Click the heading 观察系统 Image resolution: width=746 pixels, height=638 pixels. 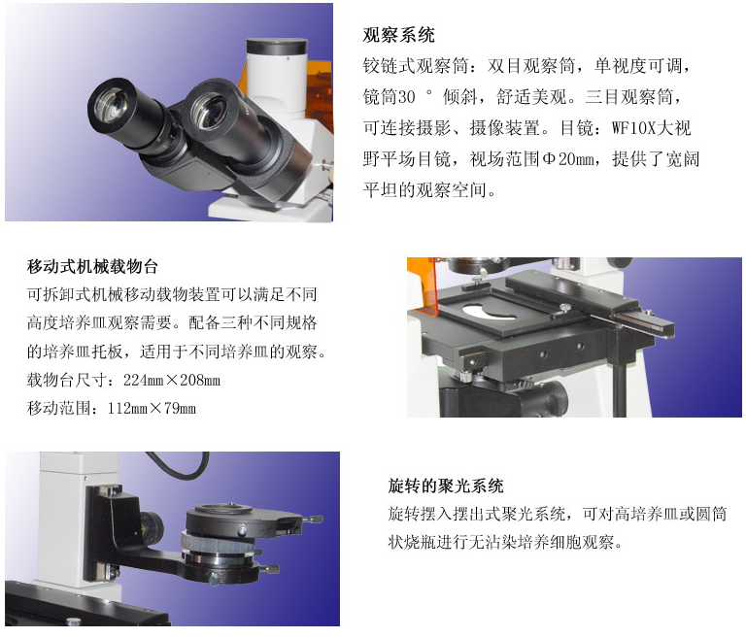click(398, 35)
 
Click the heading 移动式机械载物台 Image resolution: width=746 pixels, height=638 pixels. click(92, 266)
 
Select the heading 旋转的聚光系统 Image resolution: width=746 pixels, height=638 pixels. click(445, 486)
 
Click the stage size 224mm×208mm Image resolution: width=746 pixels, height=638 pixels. click(172, 380)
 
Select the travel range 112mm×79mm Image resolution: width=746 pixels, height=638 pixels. click(152, 408)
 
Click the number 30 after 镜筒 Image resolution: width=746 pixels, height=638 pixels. click(406, 97)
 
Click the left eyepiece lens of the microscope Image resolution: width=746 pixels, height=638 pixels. click(110, 105)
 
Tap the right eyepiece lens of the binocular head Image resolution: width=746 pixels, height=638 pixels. click(209, 112)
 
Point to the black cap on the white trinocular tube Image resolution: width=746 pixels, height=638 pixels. click(277, 47)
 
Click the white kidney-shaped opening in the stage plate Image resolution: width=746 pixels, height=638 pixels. click(490, 313)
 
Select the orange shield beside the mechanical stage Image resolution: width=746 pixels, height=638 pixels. click(425, 286)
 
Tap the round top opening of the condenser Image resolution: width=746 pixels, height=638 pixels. click(224, 509)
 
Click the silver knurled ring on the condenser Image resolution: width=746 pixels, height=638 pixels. click(217, 544)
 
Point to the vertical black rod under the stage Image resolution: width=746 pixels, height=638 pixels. click(619, 387)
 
